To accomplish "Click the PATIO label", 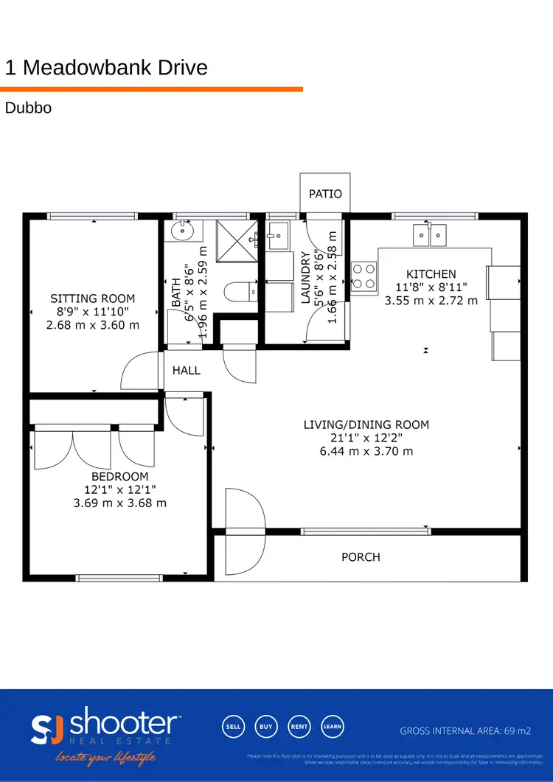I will point(325,194).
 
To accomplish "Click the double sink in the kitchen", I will point(429,235).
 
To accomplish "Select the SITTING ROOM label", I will point(92,299).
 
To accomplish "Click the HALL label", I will point(187,371).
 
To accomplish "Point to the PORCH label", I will point(361,557).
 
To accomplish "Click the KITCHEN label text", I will point(431,274).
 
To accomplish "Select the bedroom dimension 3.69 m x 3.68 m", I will point(120,503).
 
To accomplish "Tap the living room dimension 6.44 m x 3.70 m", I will point(366,451).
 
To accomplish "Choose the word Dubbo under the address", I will point(28,108).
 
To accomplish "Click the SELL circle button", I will point(233,727).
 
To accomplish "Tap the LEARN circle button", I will point(333,727).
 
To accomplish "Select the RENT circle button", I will point(299,727).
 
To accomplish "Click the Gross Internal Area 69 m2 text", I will point(465,731).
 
